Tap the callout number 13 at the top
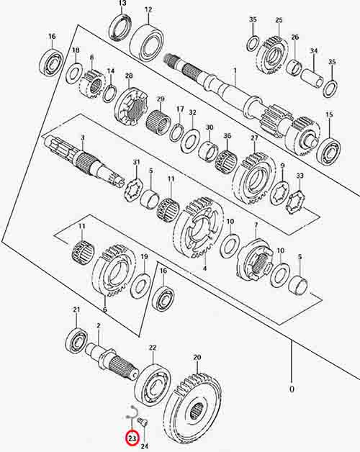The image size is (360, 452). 122,4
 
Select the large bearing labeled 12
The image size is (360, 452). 147,42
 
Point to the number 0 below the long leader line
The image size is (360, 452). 292,389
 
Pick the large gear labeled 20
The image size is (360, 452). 194,412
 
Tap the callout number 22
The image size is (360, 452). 153,348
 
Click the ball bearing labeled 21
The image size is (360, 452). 76,340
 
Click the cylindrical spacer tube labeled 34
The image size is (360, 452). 312,77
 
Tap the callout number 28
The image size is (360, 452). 129,76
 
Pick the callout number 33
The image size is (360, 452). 300,176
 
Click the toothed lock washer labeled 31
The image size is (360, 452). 132,190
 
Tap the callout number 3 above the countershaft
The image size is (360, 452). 83,137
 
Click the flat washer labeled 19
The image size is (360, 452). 140,286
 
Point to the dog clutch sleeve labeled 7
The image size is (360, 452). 254,260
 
